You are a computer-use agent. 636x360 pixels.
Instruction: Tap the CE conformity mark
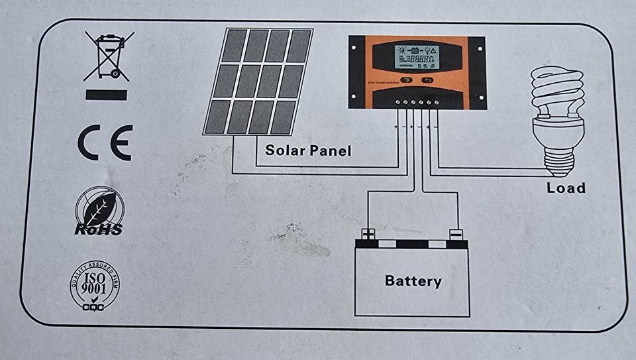tap(105, 142)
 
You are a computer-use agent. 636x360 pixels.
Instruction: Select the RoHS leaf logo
tap(98, 211)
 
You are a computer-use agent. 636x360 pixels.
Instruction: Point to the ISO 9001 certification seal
tap(95, 288)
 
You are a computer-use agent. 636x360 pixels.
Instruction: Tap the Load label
tap(566, 188)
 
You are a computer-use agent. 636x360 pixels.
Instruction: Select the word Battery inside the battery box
tap(413, 281)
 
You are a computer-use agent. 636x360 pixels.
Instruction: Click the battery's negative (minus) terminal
tap(456, 234)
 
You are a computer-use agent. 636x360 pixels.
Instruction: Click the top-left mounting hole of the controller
tap(354, 45)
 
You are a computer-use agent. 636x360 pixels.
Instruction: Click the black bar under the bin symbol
tap(106, 94)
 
